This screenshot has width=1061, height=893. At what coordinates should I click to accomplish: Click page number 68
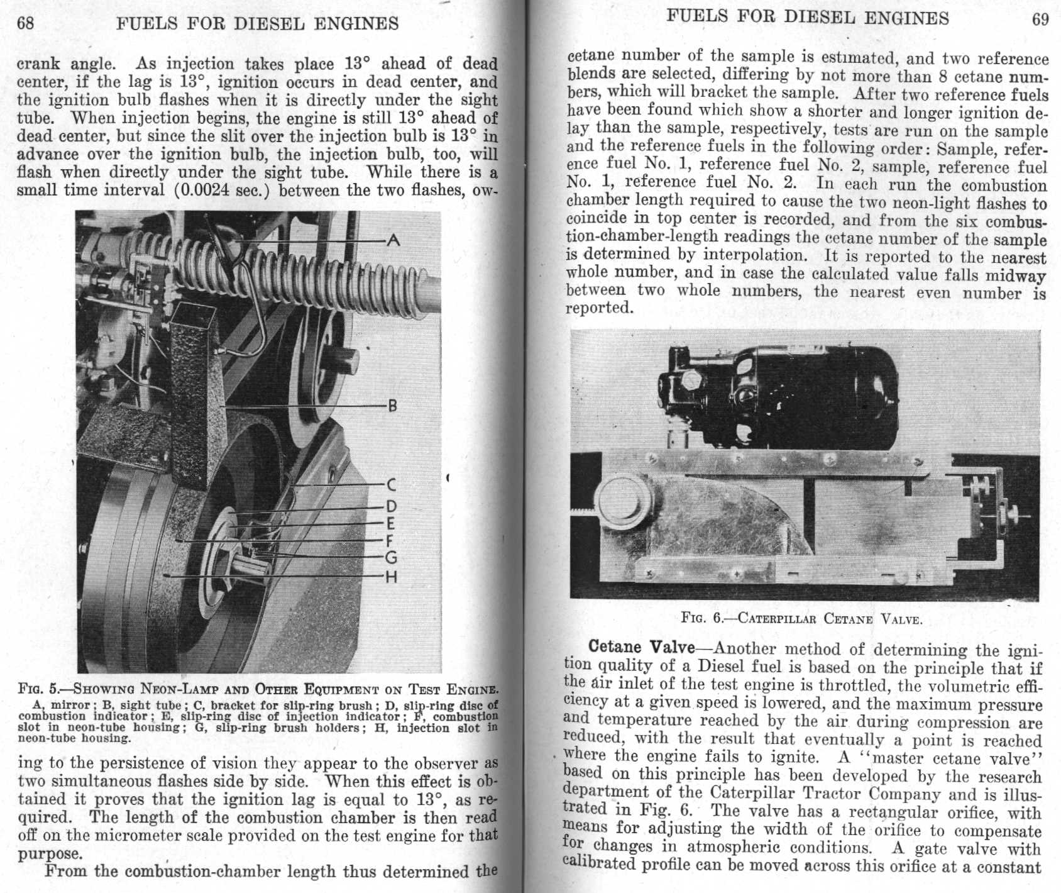point(25,23)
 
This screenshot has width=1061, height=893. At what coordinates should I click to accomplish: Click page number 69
point(1040,18)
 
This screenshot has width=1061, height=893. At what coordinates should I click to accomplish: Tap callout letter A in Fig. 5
point(394,240)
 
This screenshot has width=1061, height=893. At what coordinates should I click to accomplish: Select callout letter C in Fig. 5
point(391,485)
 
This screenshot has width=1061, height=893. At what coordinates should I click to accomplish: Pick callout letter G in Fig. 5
point(391,557)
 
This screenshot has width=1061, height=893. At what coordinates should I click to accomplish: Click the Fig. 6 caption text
point(801,618)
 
